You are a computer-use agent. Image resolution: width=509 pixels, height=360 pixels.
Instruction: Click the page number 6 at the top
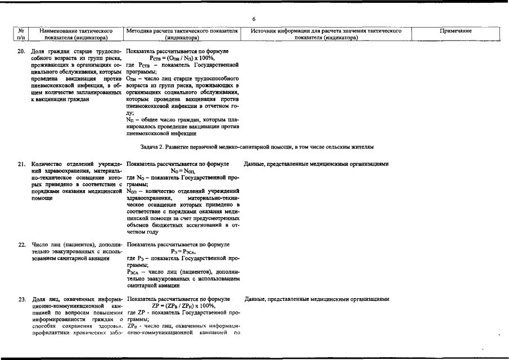pyautogui.click(x=254, y=19)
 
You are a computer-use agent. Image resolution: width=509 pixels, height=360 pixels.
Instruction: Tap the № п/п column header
pyautogui.click(x=21, y=34)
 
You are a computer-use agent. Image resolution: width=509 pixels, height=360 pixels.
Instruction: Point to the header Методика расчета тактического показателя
pyautogui.click(x=182, y=34)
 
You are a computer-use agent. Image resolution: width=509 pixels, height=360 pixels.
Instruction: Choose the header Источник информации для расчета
pyautogui.click(x=326, y=34)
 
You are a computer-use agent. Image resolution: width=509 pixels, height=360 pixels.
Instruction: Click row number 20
pyautogui.click(x=21, y=51)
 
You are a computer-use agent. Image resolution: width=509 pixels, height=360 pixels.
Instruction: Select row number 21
pyautogui.click(x=21, y=164)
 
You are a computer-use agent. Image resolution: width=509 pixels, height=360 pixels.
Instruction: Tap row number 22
pyautogui.click(x=21, y=245)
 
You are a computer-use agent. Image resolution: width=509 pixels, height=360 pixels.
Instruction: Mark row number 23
pyautogui.click(x=21, y=299)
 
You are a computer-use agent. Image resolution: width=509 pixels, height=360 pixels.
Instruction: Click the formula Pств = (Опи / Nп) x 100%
pyautogui.click(x=183, y=58)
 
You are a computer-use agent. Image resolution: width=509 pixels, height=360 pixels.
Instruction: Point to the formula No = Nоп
pyautogui.click(x=183, y=171)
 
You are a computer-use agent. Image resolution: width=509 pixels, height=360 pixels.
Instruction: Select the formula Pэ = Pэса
pyautogui.click(x=183, y=252)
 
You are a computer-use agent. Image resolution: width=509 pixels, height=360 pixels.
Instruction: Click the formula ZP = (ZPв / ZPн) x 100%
pyautogui.click(x=183, y=305)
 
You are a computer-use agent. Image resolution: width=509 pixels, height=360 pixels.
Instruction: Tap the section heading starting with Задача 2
pyautogui.click(x=256, y=147)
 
